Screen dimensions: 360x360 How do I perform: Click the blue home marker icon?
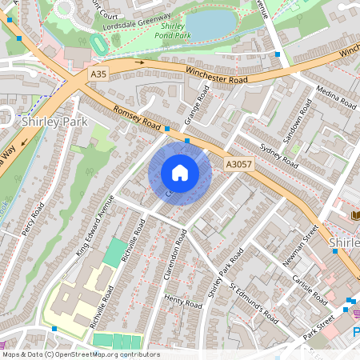click(180, 173)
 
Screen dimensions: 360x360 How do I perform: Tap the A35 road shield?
click(98, 73)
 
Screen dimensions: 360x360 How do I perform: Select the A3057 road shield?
click(238, 162)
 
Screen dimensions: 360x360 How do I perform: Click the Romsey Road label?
click(138, 118)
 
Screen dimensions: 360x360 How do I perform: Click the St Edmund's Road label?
click(254, 302)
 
